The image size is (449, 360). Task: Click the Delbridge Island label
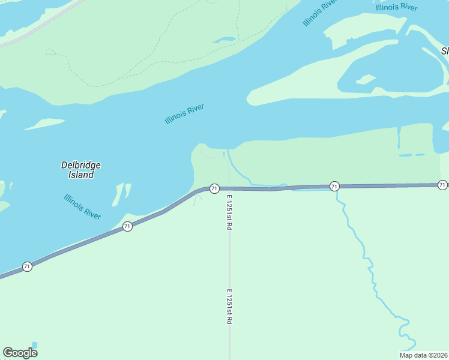pyautogui.click(x=81, y=170)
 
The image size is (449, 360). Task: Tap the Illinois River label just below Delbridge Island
pyautogui.click(x=82, y=206)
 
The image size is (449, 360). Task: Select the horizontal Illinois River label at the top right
pyautogui.click(x=396, y=7)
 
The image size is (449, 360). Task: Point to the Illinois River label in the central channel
pyautogui.click(x=184, y=113)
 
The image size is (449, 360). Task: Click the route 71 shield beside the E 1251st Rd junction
pyautogui.click(x=214, y=188)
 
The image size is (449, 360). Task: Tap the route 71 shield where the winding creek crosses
pyautogui.click(x=334, y=187)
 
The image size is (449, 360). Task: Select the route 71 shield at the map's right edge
pyautogui.click(x=442, y=185)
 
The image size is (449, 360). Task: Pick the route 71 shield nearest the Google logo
pyautogui.click(x=27, y=266)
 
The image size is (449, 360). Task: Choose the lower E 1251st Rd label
pyautogui.click(x=229, y=307)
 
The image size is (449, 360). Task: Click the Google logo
pyautogui.click(x=20, y=353)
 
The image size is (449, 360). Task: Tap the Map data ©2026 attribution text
pyautogui.click(x=423, y=355)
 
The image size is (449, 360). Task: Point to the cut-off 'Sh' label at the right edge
pyautogui.click(x=445, y=51)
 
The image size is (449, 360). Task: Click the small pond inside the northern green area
pyautogui.click(x=224, y=40)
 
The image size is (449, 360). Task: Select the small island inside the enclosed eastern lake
pyautogui.click(x=366, y=79)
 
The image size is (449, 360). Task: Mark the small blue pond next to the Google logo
pyautogui.click(x=34, y=345)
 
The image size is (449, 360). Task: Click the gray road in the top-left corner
pyautogui.click(x=36, y=27)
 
